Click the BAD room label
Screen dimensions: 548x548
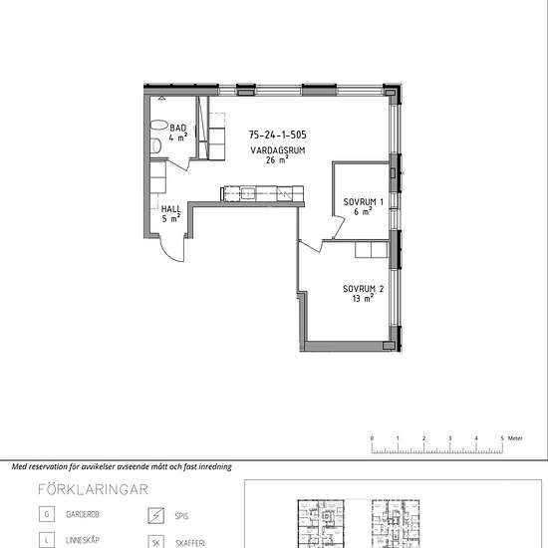178,128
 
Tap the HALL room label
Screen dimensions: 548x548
171,209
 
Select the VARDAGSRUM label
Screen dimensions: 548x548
278,150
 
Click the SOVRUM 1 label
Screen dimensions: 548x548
363,201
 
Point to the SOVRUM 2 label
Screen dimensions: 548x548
363,289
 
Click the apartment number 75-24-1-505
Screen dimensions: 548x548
278,135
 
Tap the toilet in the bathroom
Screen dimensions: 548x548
155,145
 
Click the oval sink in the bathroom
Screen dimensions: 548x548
159,126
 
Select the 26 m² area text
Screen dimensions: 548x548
277,159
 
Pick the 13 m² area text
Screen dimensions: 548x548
363,298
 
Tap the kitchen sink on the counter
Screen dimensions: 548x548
248,193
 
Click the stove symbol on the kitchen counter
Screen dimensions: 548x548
284,193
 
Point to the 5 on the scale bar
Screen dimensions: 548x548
502,438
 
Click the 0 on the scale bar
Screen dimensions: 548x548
372,438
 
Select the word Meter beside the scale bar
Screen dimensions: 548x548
515,438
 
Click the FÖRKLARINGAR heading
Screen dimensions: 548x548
94,489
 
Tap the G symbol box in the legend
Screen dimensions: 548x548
47,514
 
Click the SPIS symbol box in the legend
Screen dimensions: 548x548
155,515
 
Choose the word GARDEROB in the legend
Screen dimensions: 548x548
83,514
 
